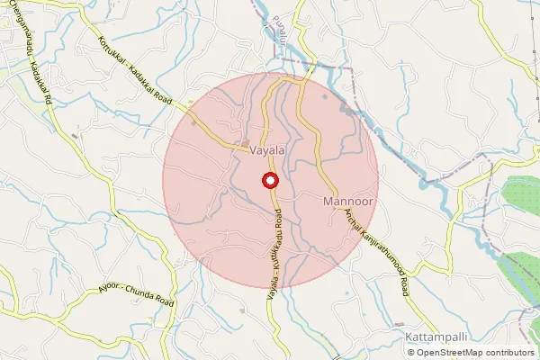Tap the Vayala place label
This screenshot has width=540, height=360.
(x=270, y=150)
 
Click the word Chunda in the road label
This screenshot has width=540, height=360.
(x=154, y=300)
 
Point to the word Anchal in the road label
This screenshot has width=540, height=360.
(x=353, y=227)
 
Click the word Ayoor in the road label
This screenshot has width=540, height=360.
(x=110, y=289)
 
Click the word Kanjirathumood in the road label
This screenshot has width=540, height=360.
(x=380, y=255)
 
